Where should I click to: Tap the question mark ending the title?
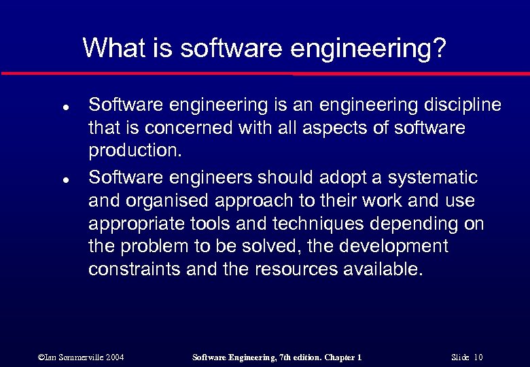coord(440,48)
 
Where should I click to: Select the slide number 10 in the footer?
coord(478,357)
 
